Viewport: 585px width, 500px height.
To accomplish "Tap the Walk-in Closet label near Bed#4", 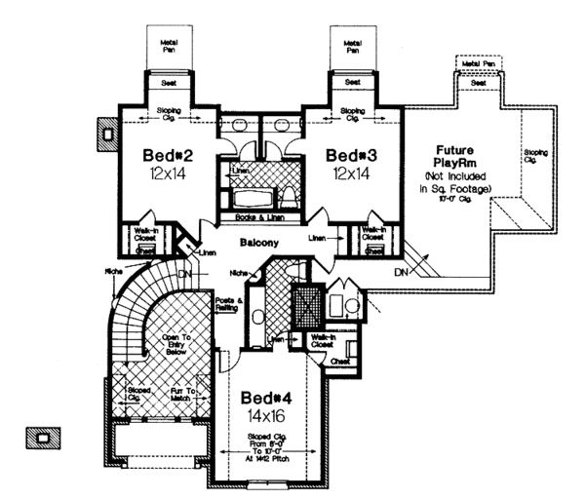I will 324,342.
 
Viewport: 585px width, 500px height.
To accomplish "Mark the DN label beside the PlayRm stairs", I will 400,272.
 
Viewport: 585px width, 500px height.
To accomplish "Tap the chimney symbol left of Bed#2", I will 105,130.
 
